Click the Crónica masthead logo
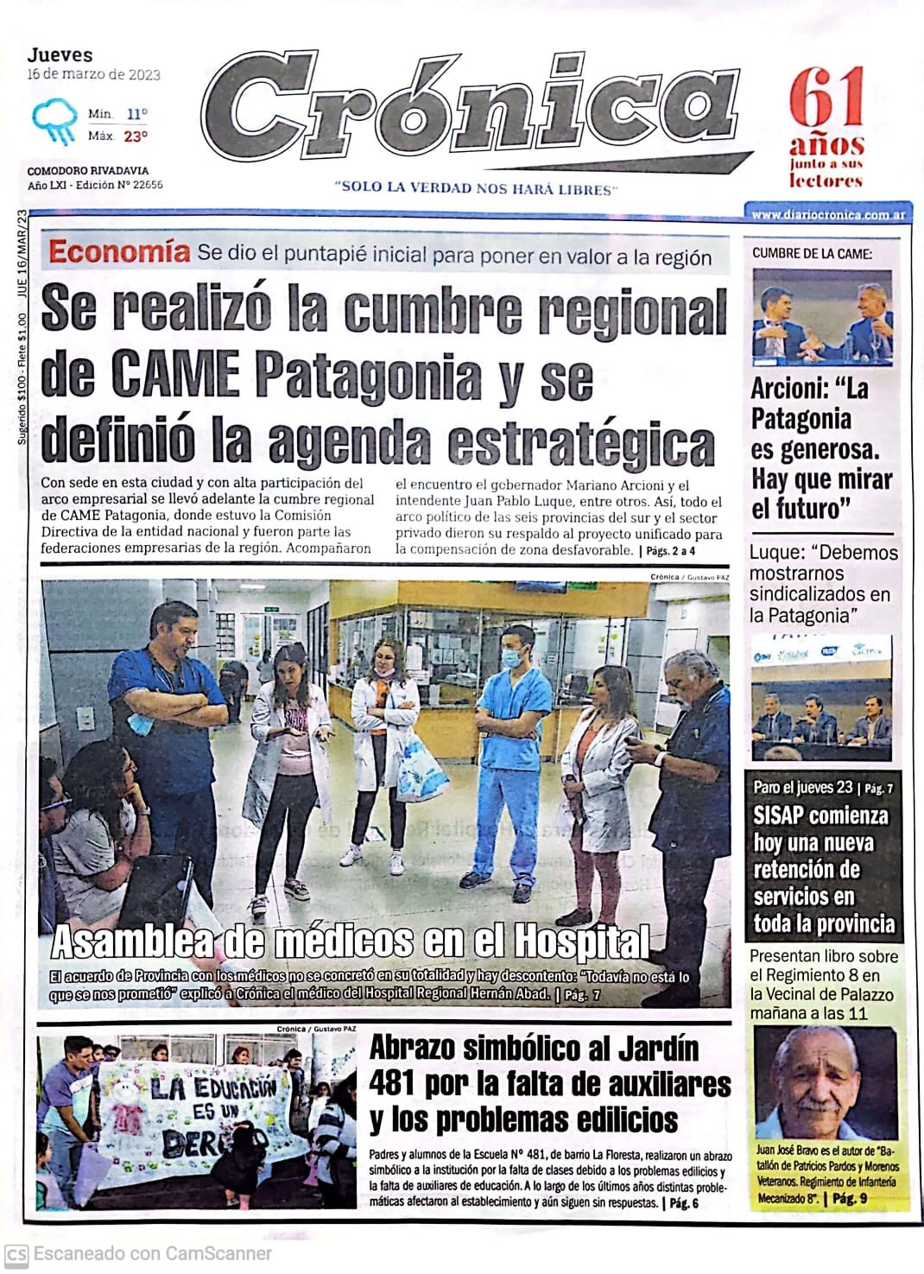[471, 109]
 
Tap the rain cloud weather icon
[54, 122]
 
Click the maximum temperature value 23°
[135, 136]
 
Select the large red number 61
[826, 99]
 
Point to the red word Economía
[119, 252]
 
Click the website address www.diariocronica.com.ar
[826, 214]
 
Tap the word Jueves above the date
[60, 55]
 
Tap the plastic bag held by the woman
[421, 768]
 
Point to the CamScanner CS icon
[16, 1253]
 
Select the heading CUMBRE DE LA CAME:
[812, 253]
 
